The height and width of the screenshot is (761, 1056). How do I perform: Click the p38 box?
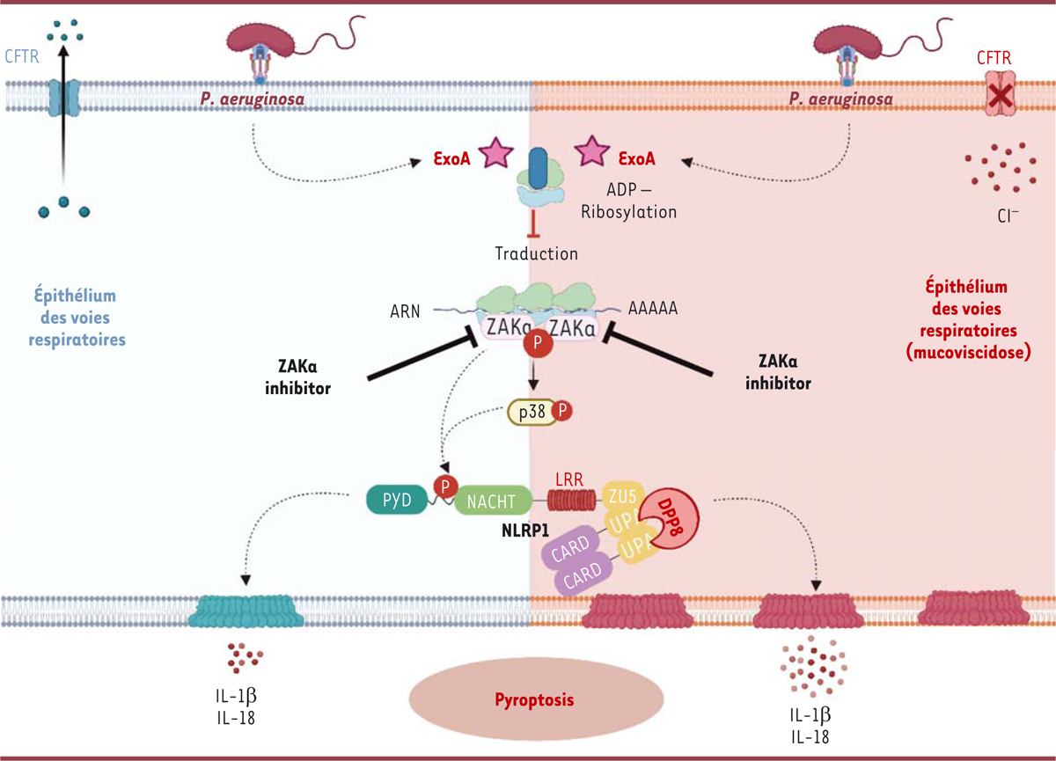[x=532, y=412]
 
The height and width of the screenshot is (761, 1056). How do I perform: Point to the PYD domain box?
[x=392, y=501]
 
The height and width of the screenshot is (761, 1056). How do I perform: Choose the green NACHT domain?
[x=492, y=501]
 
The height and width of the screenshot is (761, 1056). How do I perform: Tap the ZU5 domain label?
[x=618, y=498]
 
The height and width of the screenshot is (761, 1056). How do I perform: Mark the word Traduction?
[x=537, y=254]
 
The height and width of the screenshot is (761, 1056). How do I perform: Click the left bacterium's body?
[x=262, y=38]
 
